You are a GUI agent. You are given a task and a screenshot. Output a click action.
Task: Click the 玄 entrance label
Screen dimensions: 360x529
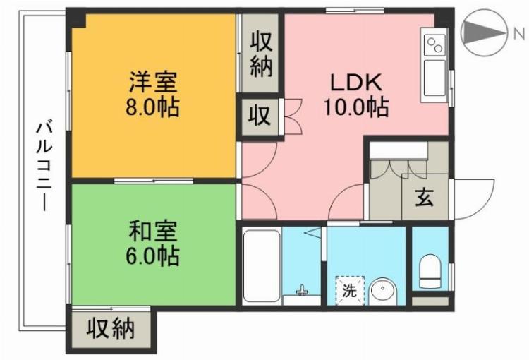[424, 198]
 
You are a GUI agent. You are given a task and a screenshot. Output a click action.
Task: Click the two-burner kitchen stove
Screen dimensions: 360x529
[434, 45]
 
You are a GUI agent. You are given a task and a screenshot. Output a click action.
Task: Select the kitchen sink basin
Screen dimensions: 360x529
[434, 76]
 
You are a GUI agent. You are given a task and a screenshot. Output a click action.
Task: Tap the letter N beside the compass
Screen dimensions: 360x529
[518, 32]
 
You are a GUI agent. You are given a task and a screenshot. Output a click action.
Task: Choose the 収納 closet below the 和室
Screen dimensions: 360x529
[111, 328]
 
